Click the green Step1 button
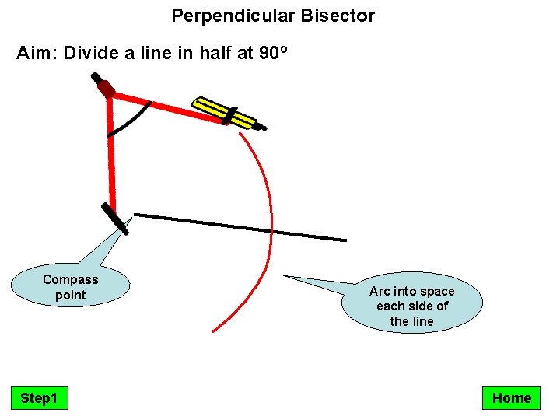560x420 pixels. (x=39, y=398)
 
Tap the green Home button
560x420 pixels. (x=511, y=398)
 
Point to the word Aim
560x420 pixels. (x=35, y=54)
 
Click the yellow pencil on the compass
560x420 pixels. (x=226, y=113)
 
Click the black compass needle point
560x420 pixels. (x=115, y=219)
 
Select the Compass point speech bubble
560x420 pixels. (x=70, y=286)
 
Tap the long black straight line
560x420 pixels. (x=241, y=227)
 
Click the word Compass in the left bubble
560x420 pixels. (x=71, y=279)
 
